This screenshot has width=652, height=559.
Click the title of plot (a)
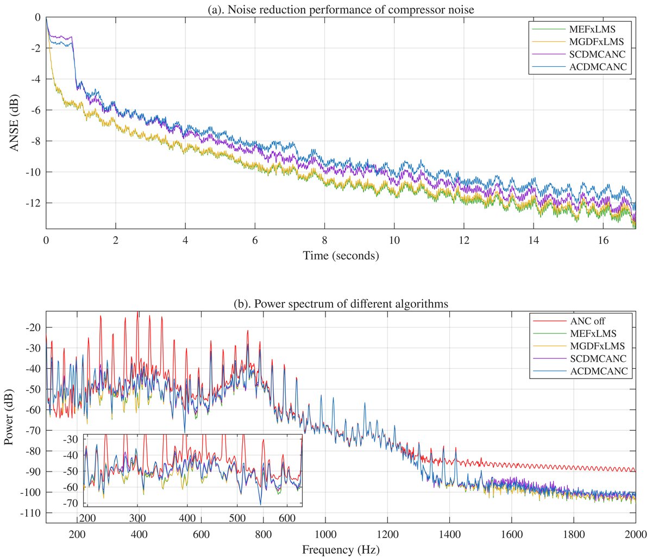340,9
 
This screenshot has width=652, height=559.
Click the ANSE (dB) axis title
14,122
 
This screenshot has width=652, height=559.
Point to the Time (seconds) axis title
340,255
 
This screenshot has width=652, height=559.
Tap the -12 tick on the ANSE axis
33,203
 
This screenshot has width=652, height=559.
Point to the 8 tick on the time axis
324,240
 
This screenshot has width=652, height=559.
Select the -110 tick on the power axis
30,513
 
